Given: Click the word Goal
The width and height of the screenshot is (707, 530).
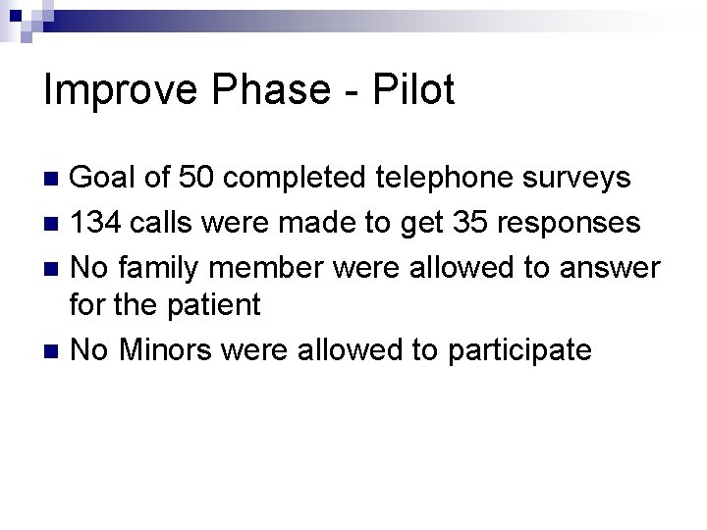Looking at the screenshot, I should tap(109, 180).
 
